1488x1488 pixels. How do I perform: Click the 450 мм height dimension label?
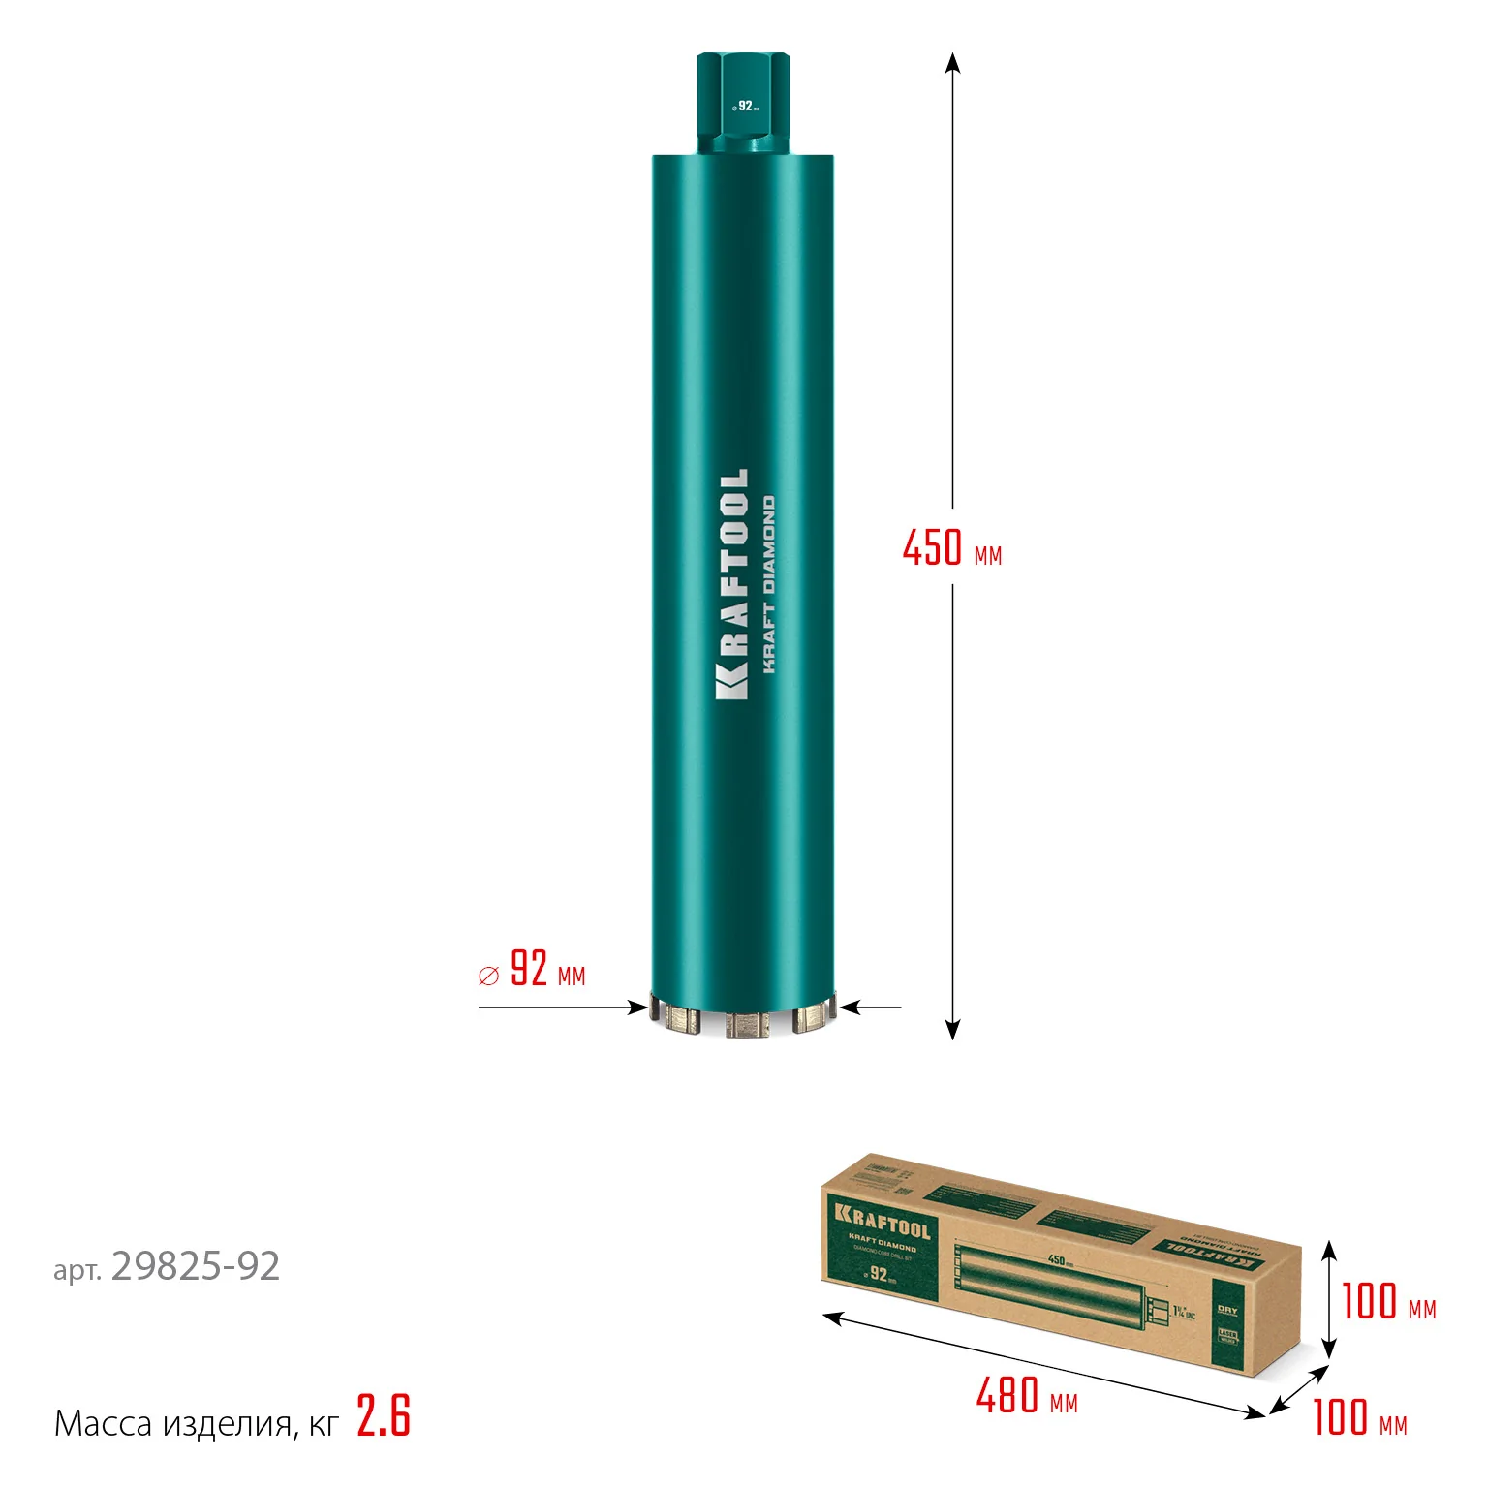tap(951, 548)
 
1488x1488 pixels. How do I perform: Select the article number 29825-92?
tap(196, 1266)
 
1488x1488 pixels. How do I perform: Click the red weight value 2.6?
tap(384, 1416)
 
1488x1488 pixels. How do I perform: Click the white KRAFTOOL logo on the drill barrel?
tap(731, 584)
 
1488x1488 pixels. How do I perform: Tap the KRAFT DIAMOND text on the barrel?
tap(768, 585)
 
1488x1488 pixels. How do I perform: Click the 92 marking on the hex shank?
tap(745, 106)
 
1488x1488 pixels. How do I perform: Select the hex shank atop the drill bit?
tap(743, 103)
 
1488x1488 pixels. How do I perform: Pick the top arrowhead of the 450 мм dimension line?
tap(952, 63)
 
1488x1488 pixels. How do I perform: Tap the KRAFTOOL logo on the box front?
tap(882, 1223)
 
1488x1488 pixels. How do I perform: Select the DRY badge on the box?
tap(1226, 1310)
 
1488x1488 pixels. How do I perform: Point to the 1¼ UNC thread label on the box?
tap(1184, 1313)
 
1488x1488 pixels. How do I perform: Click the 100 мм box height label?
tap(1387, 1302)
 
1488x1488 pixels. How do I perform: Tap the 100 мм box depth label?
tap(1359, 1418)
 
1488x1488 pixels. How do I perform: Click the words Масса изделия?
tap(172, 1424)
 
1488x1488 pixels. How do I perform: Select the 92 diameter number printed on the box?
tap(878, 1274)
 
